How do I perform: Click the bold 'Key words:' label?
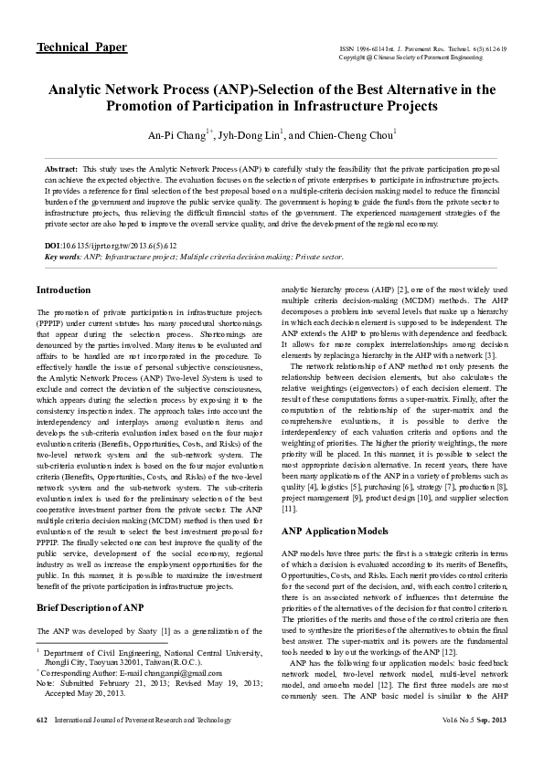point(62,257)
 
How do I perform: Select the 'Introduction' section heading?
point(63,290)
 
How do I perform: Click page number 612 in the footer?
point(41,746)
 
